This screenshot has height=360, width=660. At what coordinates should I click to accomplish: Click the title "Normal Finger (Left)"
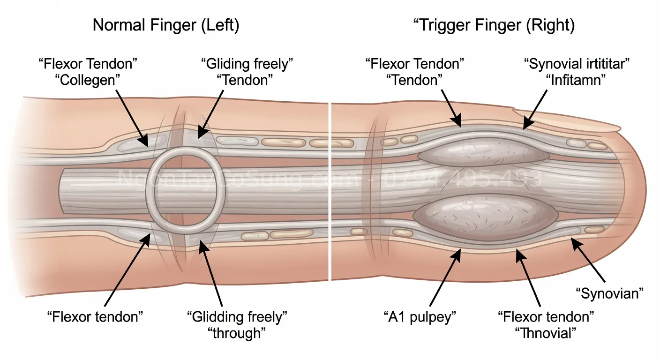166,26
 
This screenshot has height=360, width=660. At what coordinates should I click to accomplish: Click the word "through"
237,333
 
